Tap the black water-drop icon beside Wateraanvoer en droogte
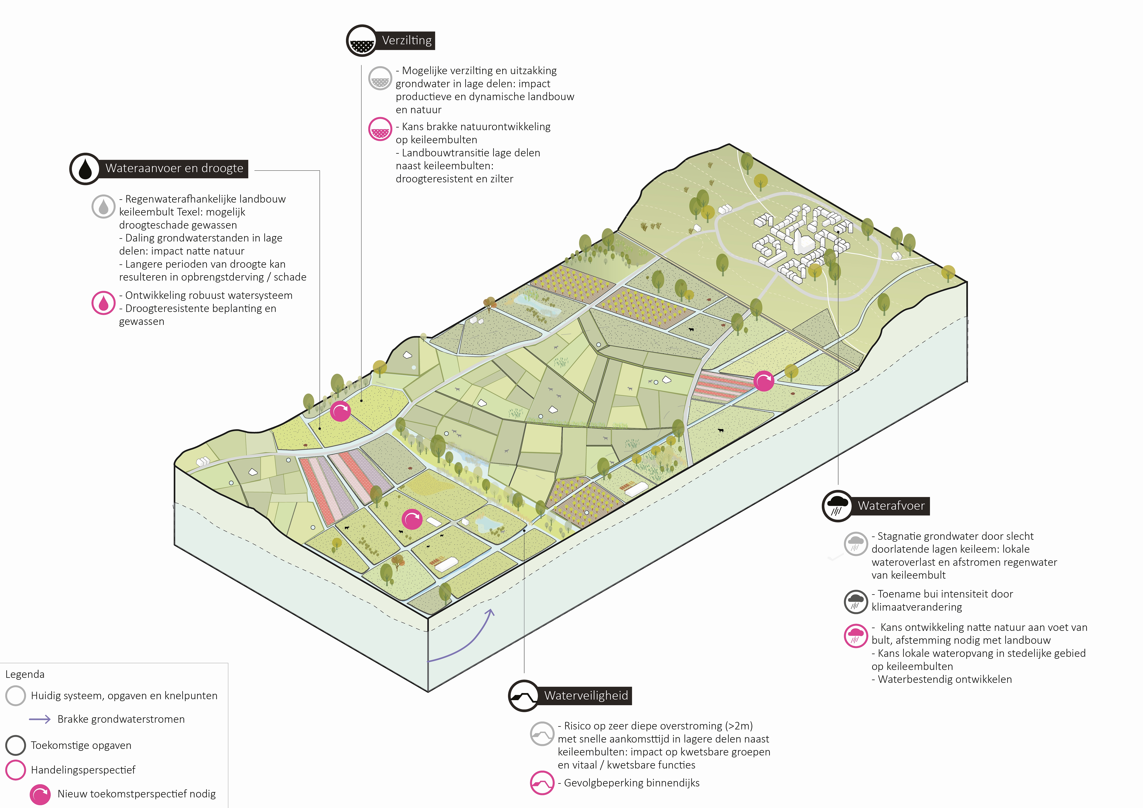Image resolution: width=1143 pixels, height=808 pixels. [85, 169]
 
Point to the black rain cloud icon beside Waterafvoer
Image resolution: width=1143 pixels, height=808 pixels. [837, 506]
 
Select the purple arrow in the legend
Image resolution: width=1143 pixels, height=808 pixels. [40, 719]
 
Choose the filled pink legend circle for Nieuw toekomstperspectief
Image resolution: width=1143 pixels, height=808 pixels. [40, 794]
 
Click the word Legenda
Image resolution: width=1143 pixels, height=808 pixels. [25, 674]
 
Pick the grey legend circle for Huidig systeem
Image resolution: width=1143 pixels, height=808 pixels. [15, 696]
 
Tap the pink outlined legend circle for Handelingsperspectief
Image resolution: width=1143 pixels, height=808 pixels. [15, 770]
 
